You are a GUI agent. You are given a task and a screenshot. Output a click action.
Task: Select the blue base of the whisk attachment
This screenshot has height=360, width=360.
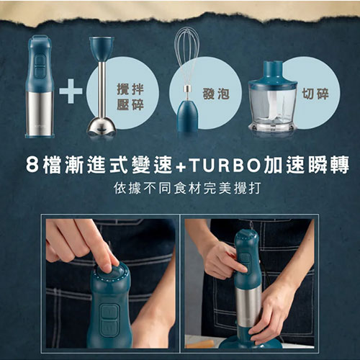pyautogui.click(x=187, y=115)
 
